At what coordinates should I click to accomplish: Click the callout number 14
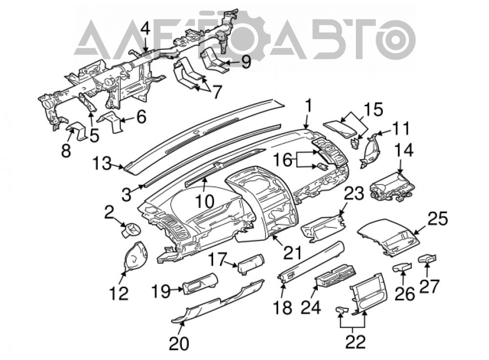(x=404, y=151)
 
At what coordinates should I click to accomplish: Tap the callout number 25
(x=438, y=219)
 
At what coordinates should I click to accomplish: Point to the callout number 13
(x=102, y=163)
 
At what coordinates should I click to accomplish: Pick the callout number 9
(x=246, y=62)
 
